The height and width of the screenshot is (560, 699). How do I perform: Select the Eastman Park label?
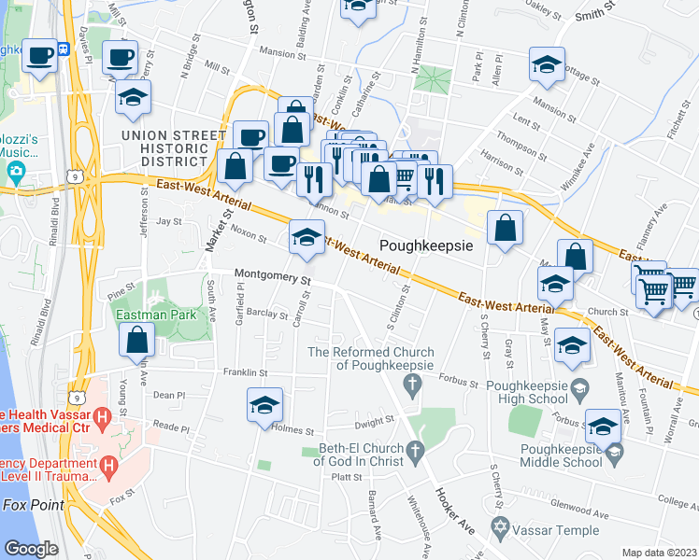pos(156,315)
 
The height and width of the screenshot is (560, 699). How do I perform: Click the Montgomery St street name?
pos(272,275)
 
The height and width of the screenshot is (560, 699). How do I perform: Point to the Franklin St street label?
pos(245,372)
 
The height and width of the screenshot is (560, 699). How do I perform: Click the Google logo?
pos(31,549)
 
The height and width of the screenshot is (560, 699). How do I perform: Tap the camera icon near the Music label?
pos(14,172)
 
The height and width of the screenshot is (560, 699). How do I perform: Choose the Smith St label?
pos(595,11)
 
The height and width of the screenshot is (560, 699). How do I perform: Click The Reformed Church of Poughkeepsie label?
pos(371,358)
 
